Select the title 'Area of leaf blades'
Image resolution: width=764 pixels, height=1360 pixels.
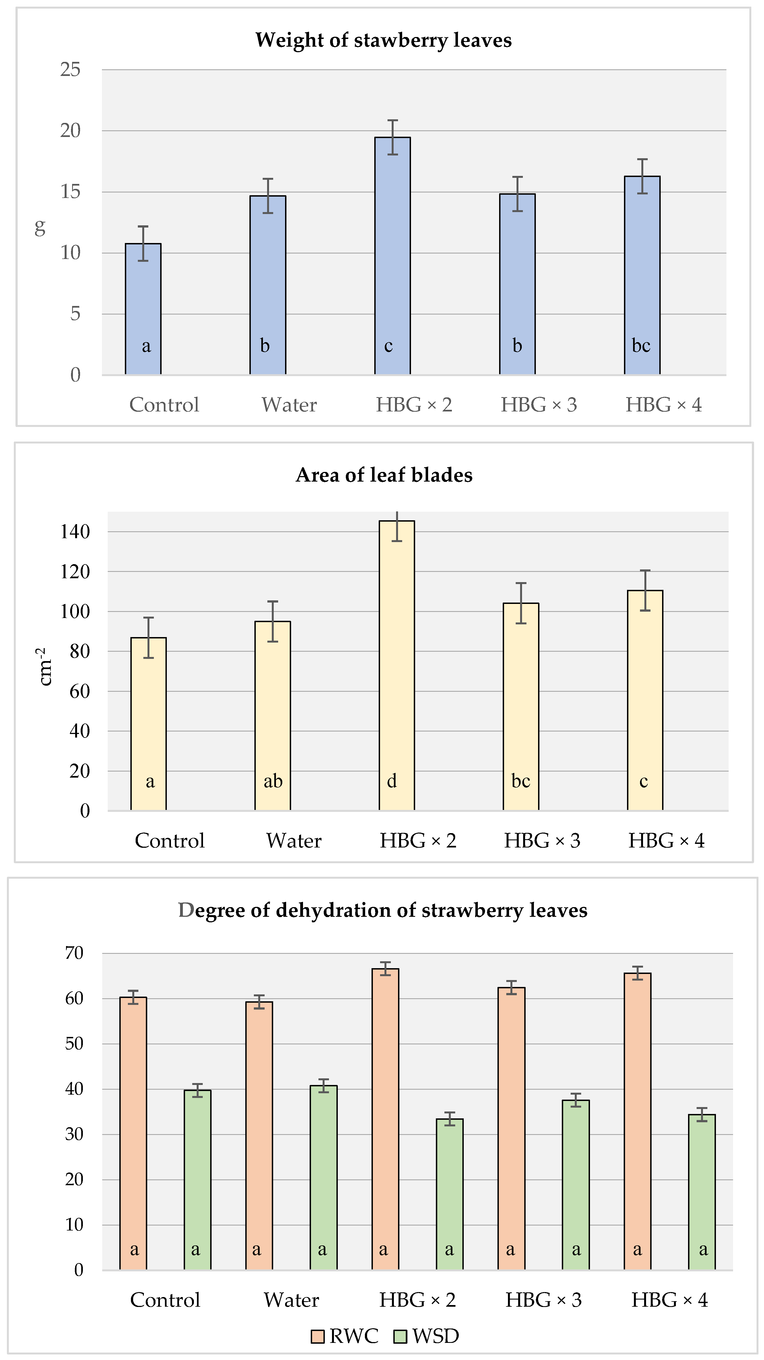coord(384,475)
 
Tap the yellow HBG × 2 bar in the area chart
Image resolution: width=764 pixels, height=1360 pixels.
coord(397,665)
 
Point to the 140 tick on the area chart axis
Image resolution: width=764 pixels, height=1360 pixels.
coord(75,532)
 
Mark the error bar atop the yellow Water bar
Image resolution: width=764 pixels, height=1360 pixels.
coord(272,621)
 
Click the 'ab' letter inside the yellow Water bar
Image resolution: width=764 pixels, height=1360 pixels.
coord(273,781)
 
